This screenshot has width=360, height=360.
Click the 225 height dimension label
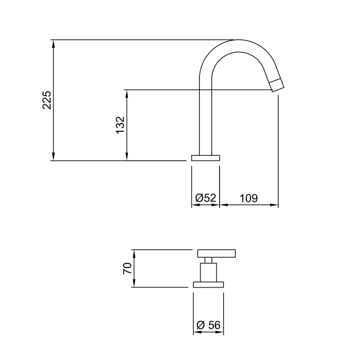(47, 100)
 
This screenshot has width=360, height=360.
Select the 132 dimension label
(120, 125)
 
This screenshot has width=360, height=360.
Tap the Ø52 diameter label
(206, 198)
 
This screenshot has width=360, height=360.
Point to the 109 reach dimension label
(249, 198)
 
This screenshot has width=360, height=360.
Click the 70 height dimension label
(127, 268)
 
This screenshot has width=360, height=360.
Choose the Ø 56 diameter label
(208, 325)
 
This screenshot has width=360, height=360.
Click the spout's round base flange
(206, 158)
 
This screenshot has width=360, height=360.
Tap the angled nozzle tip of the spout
(277, 85)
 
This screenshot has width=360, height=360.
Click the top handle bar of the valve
(216, 253)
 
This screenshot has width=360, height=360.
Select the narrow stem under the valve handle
(208, 260)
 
